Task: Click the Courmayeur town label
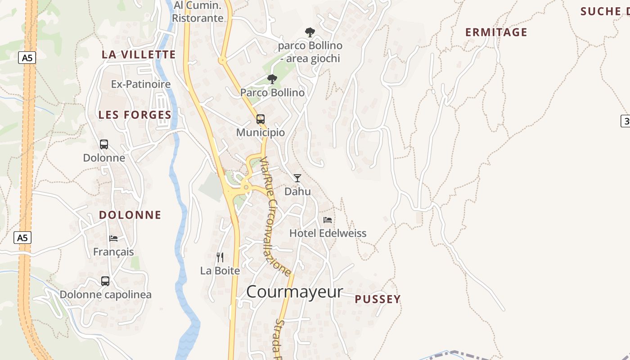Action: click(x=294, y=292)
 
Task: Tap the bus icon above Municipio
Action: click(x=261, y=119)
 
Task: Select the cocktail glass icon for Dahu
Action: click(x=297, y=178)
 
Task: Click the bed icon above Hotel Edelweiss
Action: click(x=328, y=220)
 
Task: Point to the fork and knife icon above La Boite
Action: click(x=220, y=257)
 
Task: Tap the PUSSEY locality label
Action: click(x=378, y=299)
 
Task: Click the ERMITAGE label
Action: click(x=496, y=32)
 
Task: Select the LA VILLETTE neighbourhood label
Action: click(x=139, y=54)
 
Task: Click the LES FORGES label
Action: click(x=135, y=115)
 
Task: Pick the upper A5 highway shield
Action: click(x=27, y=58)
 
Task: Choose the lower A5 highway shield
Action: click(x=22, y=238)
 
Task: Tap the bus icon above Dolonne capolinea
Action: click(x=105, y=281)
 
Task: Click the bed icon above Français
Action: click(x=113, y=238)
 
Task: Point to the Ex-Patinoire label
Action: click(x=141, y=84)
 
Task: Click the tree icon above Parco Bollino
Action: click(x=272, y=80)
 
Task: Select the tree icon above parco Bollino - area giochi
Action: click(x=310, y=32)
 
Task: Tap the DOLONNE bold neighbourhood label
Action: click(x=130, y=215)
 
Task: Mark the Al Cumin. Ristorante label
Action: click(x=198, y=12)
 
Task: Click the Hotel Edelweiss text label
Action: click(x=328, y=233)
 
